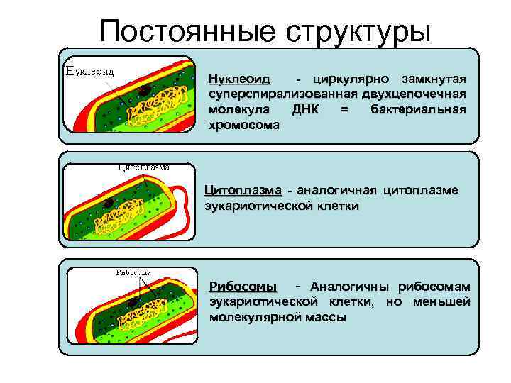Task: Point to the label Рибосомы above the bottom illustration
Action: point(133,272)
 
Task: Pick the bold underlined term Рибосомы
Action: point(243,287)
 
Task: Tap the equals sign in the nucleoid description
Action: point(345,110)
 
